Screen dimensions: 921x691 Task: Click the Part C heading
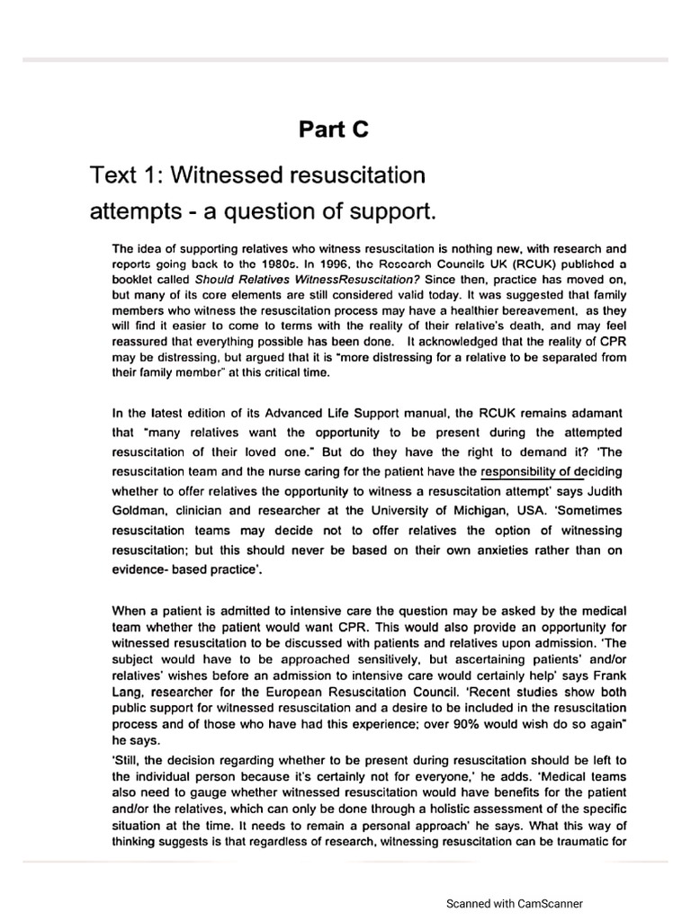pos(334,130)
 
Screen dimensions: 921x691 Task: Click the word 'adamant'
pos(592,414)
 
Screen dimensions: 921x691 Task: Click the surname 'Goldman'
pos(138,511)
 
